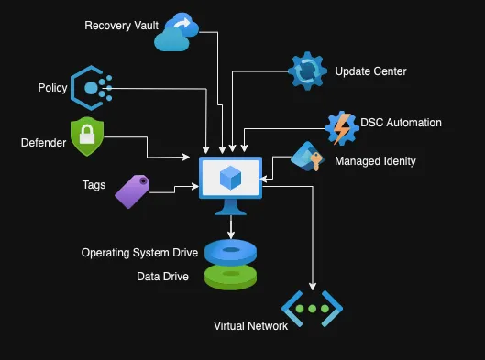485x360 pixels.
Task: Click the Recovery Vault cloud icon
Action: pyautogui.click(x=175, y=32)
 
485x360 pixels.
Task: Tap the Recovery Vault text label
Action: pyautogui.click(x=121, y=25)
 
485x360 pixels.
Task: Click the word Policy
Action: pyautogui.click(x=52, y=87)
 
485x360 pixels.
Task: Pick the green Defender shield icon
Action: pyautogui.click(x=87, y=137)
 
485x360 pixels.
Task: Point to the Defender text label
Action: pyautogui.click(x=44, y=142)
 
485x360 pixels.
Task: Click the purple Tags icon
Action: pyautogui.click(x=132, y=191)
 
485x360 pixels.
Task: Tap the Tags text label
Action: pyautogui.click(x=94, y=185)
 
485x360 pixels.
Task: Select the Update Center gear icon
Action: pyautogui.click(x=306, y=71)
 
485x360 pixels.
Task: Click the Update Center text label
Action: pyautogui.click(x=370, y=71)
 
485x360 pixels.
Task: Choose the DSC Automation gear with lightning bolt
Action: pyautogui.click(x=340, y=128)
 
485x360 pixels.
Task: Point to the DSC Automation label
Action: pyautogui.click(x=401, y=123)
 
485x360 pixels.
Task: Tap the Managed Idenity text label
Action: pyautogui.click(x=375, y=161)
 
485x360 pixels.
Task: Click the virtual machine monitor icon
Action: pyautogui.click(x=230, y=181)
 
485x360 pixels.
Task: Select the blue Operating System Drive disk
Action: pyautogui.click(x=230, y=250)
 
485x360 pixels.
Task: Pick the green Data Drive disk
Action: pyautogui.click(x=230, y=276)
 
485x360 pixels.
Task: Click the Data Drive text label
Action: pyautogui.click(x=163, y=276)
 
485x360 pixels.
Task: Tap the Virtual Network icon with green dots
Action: pyautogui.click(x=312, y=309)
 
